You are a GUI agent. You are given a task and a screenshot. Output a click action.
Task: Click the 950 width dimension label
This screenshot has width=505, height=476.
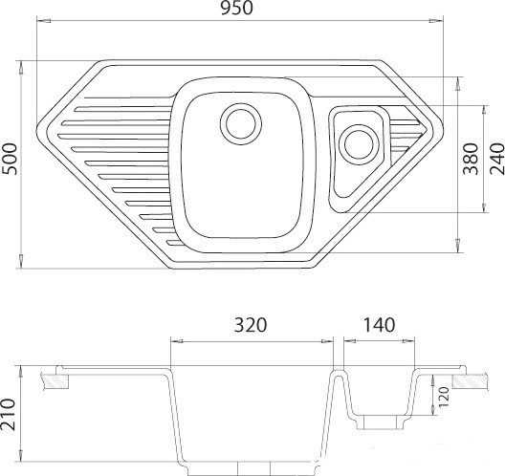pyautogui.click(x=237, y=9)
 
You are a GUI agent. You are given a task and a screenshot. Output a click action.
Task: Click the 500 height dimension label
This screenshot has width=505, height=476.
pyautogui.click(x=9, y=159)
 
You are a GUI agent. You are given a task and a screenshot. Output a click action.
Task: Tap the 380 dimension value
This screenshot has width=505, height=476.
pyautogui.click(x=471, y=159)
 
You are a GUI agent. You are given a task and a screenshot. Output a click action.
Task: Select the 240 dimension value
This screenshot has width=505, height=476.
pyautogui.click(x=496, y=159)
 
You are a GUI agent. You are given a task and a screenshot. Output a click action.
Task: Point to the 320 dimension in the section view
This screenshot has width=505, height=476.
pyautogui.click(x=251, y=325)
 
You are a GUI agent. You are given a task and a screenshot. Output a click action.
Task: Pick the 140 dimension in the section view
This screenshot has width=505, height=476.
pyautogui.click(x=379, y=325)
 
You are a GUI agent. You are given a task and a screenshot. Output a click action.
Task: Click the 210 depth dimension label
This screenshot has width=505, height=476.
pyautogui.click(x=8, y=414)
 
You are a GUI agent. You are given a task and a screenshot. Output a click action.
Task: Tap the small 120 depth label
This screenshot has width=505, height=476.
pyautogui.click(x=444, y=397)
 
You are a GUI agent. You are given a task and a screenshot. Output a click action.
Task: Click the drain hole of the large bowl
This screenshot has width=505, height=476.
pyautogui.click(x=241, y=124)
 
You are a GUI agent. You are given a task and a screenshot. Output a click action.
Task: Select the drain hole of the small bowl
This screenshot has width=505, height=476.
pyautogui.click(x=359, y=144)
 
